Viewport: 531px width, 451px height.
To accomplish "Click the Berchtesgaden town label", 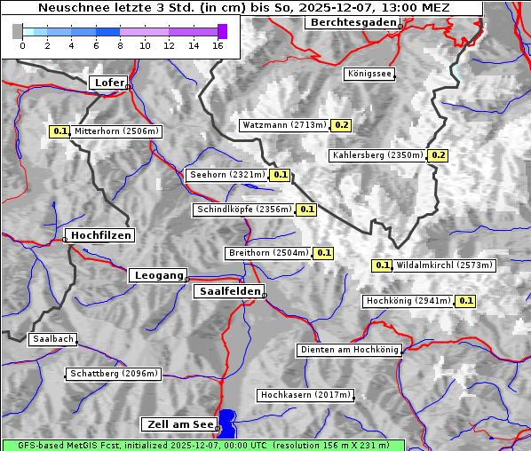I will (351, 22).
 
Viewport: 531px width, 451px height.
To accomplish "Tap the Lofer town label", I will (108, 83).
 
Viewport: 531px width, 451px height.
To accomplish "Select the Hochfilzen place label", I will (100, 235).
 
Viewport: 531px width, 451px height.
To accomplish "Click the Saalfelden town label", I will (228, 291).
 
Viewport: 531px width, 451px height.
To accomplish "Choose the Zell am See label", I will (178, 424).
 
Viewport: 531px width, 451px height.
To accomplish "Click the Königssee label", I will (369, 75).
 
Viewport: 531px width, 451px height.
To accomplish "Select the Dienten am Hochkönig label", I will (349, 351).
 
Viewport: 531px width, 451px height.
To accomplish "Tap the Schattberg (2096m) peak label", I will (114, 374).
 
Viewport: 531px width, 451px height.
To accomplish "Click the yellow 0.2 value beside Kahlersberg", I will (438, 155).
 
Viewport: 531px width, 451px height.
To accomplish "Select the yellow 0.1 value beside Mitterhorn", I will (59, 131).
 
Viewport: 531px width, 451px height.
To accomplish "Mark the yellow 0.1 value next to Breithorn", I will (323, 253).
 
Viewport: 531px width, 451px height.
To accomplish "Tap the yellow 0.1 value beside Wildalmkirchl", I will (382, 265).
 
